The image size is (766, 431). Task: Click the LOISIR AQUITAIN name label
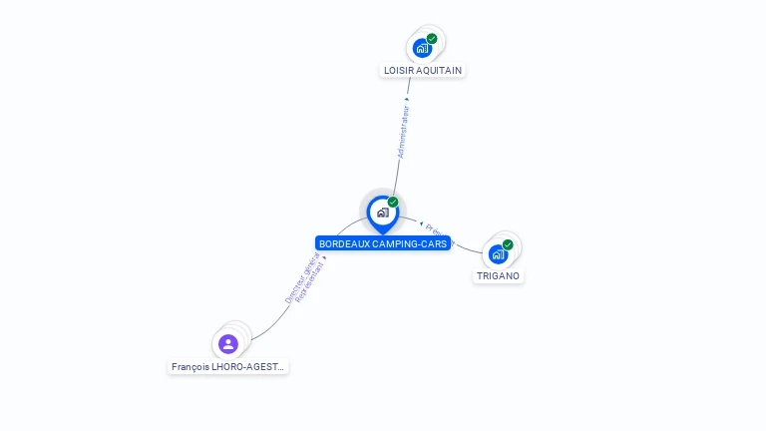pos(423,71)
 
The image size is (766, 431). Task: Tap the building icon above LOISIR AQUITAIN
pos(422,48)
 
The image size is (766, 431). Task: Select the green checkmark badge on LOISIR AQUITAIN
pos(432,39)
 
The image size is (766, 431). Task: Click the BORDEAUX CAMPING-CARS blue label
pos(383,243)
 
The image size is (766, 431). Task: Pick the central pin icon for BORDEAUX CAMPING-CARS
pos(382,213)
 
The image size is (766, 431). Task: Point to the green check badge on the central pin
pos(393,203)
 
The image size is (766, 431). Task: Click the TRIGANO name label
pos(498,276)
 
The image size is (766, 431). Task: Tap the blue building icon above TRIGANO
pos(498,253)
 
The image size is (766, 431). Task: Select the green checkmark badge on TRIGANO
pos(508,244)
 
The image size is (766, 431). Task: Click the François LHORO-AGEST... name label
pos(228,367)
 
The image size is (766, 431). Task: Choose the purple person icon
pos(228,344)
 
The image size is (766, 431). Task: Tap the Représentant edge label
pos(310,282)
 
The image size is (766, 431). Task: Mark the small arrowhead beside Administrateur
pos(407,100)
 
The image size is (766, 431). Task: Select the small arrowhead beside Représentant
pos(324,257)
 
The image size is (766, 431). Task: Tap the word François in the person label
pos(191,367)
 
